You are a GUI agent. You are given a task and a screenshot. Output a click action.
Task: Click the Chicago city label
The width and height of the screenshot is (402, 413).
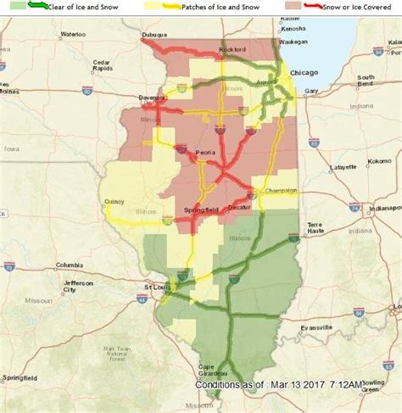click(x=304, y=74)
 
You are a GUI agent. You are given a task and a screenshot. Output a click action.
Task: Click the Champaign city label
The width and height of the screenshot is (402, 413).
click(x=279, y=192)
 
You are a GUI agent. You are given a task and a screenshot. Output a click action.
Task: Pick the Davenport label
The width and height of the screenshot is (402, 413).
click(x=154, y=98)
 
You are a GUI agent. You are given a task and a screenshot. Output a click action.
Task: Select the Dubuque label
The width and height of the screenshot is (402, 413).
click(x=154, y=36)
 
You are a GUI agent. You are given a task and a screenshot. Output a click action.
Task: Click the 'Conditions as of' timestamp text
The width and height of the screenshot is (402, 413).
click(x=279, y=385)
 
